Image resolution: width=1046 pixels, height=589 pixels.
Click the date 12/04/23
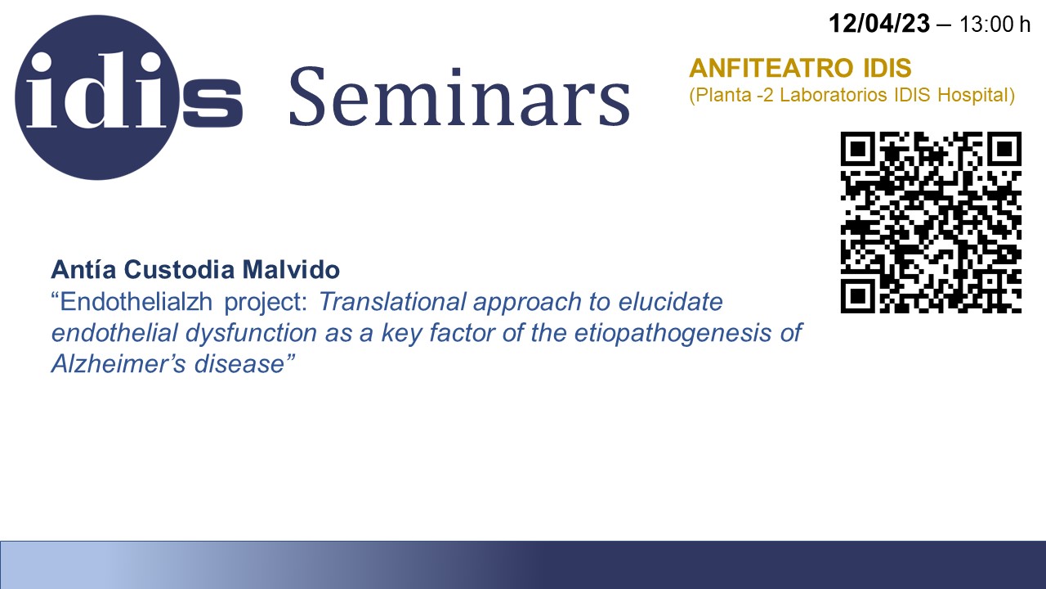(x=878, y=24)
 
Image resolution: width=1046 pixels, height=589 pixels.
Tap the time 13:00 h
(x=995, y=25)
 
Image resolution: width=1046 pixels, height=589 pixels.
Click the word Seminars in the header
(x=460, y=97)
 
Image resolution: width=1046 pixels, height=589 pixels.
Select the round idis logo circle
(x=97, y=97)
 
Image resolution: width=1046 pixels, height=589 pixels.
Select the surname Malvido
(x=290, y=269)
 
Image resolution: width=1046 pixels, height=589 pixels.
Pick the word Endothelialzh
(x=136, y=301)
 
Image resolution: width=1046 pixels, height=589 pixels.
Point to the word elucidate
(x=671, y=302)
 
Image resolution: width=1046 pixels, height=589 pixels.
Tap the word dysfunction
(x=251, y=333)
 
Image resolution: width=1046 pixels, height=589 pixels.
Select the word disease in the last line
(x=239, y=364)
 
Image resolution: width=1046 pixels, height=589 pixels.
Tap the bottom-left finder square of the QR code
(x=858, y=296)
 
